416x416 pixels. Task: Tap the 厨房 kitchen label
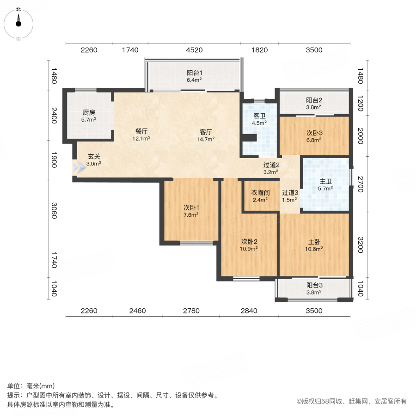pos(89,112)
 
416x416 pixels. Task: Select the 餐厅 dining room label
pos(142,131)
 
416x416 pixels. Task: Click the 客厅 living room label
pos(206,131)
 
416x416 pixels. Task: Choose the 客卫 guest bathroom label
pos(260,116)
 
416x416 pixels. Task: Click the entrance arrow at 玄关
pos(79,167)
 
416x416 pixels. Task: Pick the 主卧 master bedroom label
pos(315,241)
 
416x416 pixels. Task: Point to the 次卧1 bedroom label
pos(190,207)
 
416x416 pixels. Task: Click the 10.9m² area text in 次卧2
pos(249,248)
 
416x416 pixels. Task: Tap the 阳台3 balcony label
pos(314,285)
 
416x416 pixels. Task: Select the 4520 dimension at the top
pos(194,50)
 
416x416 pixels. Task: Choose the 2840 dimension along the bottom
pos(249,311)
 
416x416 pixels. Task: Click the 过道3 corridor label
pos(290,193)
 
